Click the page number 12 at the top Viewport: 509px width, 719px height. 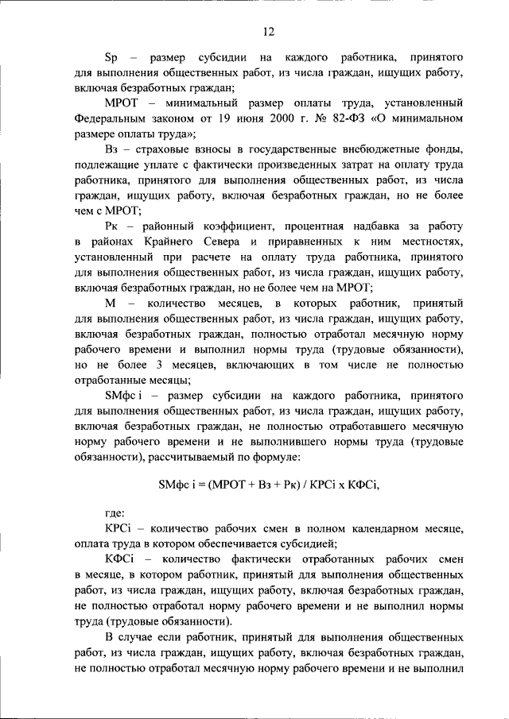click(268, 31)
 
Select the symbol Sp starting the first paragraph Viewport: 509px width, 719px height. click(111, 59)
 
